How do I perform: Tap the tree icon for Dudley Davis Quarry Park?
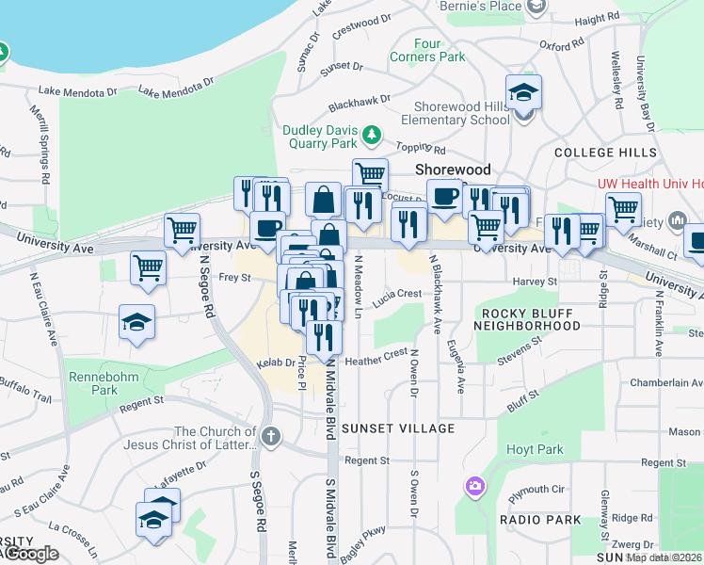(373, 135)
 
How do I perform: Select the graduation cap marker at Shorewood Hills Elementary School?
(521, 94)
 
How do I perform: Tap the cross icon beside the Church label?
(271, 435)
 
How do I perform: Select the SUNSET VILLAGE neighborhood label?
(398, 428)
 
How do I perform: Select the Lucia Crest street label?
(396, 294)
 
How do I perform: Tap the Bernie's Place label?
(481, 7)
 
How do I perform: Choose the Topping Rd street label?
(421, 149)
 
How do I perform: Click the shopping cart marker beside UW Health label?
(623, 210)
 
